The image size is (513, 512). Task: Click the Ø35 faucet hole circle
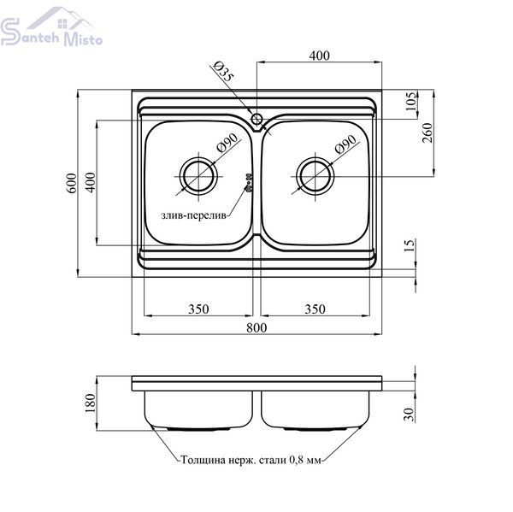(256, 119)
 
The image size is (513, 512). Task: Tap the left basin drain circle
(198, 176)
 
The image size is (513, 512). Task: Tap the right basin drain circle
(315, 176)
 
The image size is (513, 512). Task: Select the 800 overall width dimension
(256, 327)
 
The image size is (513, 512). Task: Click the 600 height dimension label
(72, 183)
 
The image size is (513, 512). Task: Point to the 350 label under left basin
(198, 309)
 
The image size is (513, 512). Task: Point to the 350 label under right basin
(315, 309)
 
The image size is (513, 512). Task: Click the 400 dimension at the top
(319, 56)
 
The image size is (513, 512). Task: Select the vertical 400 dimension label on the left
(91, 182)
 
